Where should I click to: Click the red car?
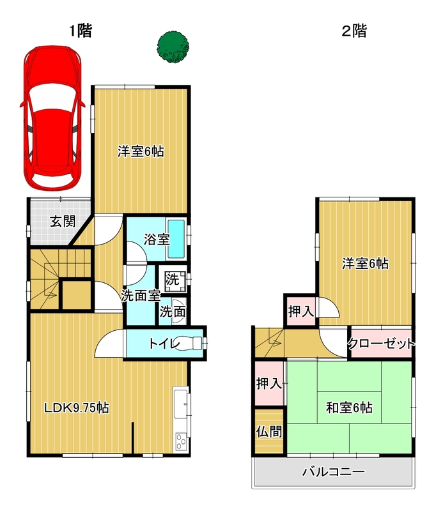pyautogui.click(x=52, y=118)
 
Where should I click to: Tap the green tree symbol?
pyautogui.click(x=173, y=47)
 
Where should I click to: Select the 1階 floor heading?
pyautogui.click(x=81, y=31)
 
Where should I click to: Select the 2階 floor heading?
pyautogui.click(x=354, y=31)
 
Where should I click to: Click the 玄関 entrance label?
pyautogui.click(x=63, y=222)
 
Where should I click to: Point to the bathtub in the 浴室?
pyautogui.click(x=176, y=239)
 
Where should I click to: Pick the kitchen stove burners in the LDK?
pyautogui.click(x=181, y=441)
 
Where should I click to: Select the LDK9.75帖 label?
pyautogui.click(x=76, y=408)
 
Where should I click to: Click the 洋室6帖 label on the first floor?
pyautogui.click(x=141, y=151)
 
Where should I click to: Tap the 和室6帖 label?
pyautogui.click(x=349, y=408)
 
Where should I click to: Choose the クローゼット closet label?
pyautogui.click(x=381, y=344)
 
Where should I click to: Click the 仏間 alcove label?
pyautogui.click(x=269, y=432)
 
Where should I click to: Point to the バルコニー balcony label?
pyautogui.click(x=333, y=472)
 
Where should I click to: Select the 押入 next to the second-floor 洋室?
pyautogui.click(x=301, y=311)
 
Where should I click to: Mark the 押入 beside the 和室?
pyautogui.click(x=269, y=383)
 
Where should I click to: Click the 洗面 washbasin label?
pyautogui.click(x=173, y=312)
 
